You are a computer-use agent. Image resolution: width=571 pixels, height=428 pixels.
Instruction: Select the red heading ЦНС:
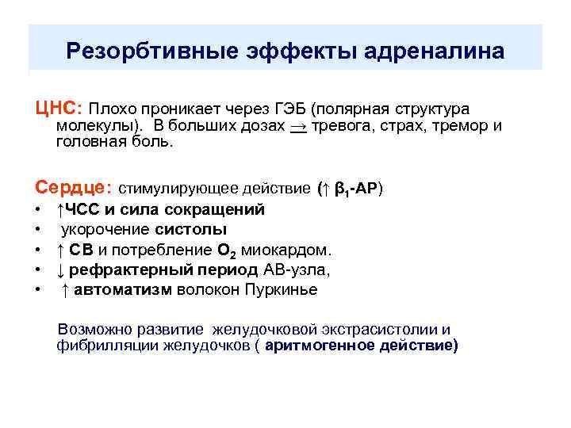click(58, 107)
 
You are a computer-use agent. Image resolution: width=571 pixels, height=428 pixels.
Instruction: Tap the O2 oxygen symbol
click(225, 250)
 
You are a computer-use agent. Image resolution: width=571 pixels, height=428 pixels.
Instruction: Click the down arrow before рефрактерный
click(60, 269)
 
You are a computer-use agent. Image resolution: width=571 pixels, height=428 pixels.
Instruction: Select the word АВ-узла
click(297, 269)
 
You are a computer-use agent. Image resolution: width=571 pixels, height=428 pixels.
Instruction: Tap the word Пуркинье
click(282, 289)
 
